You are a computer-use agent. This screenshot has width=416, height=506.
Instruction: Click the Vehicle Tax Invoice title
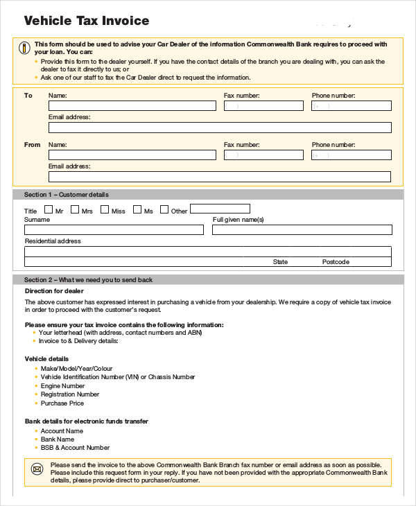coord(87,21)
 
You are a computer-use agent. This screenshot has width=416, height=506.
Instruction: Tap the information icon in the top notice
coord(24,48)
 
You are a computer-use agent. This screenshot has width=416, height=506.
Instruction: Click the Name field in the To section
coord(132,106)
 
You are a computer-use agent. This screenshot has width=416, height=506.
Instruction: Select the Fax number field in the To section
coord(263,106)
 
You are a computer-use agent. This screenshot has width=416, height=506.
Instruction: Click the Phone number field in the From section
coord(351,156)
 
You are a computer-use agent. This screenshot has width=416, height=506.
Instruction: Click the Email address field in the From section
coord(219,177)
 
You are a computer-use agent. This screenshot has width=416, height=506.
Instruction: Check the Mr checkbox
coord(49,209)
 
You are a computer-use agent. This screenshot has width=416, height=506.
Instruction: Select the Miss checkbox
coord(105,209)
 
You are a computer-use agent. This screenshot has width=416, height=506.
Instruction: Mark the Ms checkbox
coord(137,209)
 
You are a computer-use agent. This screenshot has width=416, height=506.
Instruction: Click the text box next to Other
coord(220,209)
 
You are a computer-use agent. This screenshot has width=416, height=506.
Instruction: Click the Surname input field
coord(114,229)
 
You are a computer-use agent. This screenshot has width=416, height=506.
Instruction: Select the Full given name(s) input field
coord(302,229)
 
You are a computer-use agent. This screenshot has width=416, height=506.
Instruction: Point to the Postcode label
coord(336,262)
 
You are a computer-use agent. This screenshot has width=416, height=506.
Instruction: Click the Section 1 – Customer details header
coord(67,195)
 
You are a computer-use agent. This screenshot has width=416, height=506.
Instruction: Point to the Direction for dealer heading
coord(54,291)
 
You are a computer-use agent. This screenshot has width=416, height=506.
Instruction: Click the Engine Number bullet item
coord(62,386)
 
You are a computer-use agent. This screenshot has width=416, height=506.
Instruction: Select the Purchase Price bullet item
coord(62,403)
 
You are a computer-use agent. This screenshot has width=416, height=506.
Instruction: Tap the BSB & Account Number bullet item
coord(75,448)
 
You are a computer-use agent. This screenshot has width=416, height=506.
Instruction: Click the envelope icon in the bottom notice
coord(36,469)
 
